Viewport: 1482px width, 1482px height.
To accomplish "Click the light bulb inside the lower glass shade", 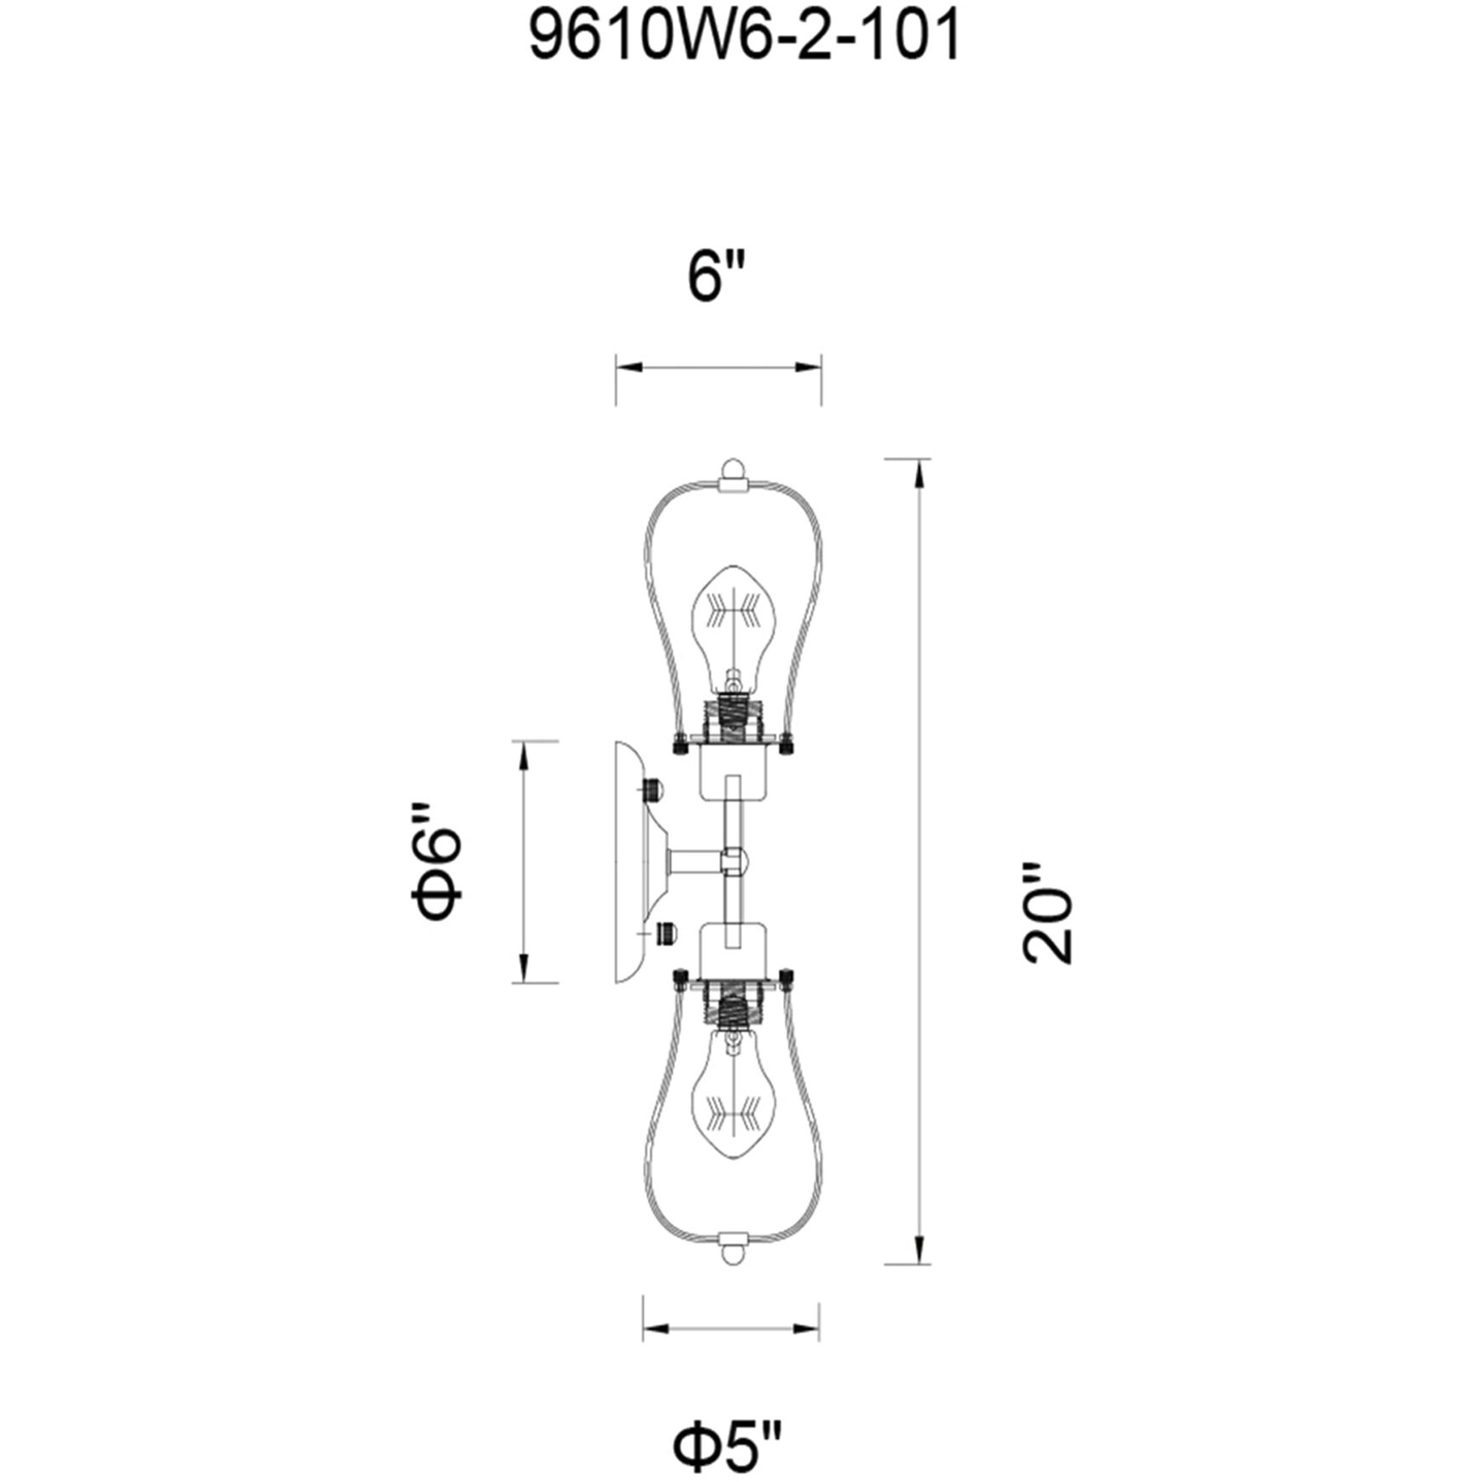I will point(732,1103).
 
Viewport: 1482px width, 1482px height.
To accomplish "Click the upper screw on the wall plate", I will point(652,788).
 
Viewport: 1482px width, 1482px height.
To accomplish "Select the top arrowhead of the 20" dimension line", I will point(918,473).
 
